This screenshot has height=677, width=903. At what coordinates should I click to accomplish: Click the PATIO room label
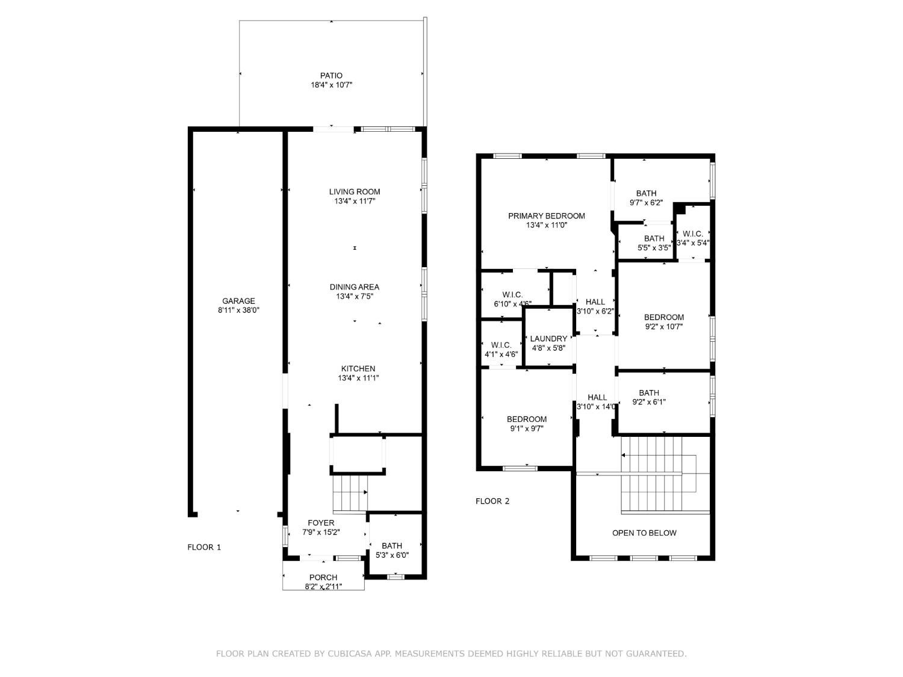pyautogui.click(x=331, y=76)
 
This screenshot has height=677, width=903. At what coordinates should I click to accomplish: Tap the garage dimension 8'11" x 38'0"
pyautogui.click(x=238, y=311)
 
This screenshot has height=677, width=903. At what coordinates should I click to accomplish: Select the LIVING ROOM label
pyautogui.click(x=355, y=192)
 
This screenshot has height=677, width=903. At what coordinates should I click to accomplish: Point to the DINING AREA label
pyautogui.click(x=354, y=287)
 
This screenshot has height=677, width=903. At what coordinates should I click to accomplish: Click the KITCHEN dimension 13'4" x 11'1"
pyautogui.click(x=358, y=379)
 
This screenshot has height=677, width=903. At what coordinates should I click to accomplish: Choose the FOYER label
pyautogui.click(x=321, y=523)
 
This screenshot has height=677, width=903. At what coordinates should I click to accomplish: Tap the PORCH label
pyautogui.click(x=323, y=578)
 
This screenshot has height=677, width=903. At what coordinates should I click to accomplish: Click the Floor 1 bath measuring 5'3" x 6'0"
pyautogui.click(x=392, y=551)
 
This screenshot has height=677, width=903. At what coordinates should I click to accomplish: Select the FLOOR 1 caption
pyautogui.click(x=204, y=547)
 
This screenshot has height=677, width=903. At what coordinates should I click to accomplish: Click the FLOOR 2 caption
pyautogui.click(x=492, y=501)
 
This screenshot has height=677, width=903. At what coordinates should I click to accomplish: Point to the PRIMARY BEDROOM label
pyautogui.click(x=546, y=216)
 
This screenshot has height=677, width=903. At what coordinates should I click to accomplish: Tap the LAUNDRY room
pyautogui.click(x=548, y=339)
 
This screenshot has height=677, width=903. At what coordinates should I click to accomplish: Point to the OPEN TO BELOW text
pyautogui.click(x=644, y=533)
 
